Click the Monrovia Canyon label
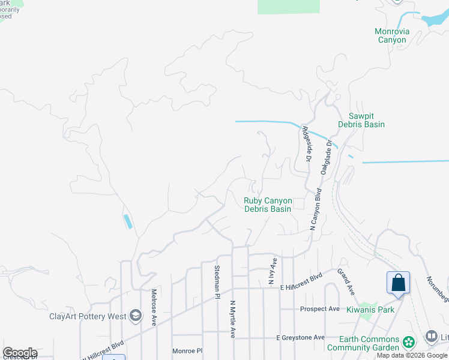pos(391,35)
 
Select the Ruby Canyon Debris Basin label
pos(268,205)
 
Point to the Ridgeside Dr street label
pos(306,143)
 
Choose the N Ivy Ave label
pos(273,271)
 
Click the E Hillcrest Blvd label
pos(301,287)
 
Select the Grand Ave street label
pos(346,281)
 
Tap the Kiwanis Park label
pos(370,310)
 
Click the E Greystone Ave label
pos(300,338)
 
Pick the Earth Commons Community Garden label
pos(369,343)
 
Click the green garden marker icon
pos(409,343)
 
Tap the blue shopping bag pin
pos(398,282)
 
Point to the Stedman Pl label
pos(217,280)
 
